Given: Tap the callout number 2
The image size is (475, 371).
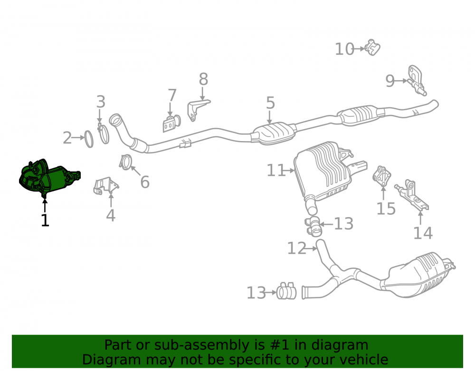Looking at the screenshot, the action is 67,138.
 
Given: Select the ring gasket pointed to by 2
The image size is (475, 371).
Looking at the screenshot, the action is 89,139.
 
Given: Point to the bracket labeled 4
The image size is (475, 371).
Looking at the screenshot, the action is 106,185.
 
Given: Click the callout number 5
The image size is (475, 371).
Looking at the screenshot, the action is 271,103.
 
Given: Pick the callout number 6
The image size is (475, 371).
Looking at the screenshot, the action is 145,182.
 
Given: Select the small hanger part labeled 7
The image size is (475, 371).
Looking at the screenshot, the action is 171,124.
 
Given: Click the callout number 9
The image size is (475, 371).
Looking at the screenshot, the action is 390,81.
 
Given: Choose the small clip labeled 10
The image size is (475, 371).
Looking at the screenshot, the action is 372,48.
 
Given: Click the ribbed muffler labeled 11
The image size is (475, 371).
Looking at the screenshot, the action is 324,171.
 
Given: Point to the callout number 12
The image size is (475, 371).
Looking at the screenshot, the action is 297,248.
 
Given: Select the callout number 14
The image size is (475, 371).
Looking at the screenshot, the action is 423,233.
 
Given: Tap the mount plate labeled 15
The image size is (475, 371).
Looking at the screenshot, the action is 382,176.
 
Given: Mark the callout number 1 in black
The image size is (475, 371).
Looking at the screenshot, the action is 45,220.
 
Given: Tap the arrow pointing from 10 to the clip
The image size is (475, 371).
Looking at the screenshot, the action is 359,48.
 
